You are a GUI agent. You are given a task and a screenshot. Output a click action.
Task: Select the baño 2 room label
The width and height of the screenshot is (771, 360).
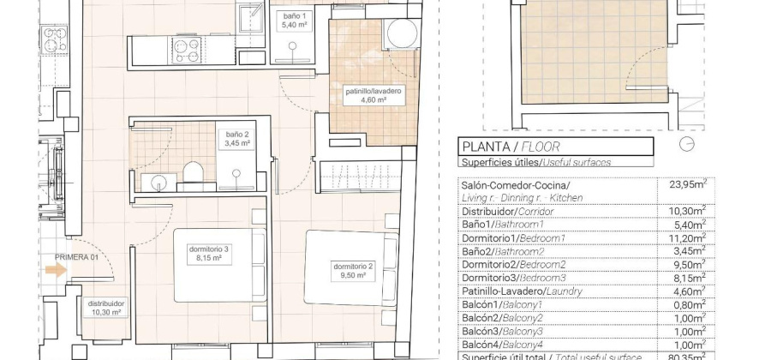pos(237,139)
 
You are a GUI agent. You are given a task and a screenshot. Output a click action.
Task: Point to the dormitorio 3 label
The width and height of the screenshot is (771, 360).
pos(210,253)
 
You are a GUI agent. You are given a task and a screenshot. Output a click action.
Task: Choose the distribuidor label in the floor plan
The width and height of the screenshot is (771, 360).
pos(107,307)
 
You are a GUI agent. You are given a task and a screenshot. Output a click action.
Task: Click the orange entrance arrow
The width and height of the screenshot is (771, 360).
pos(56,270)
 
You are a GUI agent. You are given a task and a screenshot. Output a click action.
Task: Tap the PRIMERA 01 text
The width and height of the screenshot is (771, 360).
pos(78,256)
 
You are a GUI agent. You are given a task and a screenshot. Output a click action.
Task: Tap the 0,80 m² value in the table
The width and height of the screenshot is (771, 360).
pos(685,304)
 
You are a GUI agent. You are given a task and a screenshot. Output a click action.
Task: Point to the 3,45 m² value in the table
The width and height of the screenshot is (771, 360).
pos(685,250)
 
